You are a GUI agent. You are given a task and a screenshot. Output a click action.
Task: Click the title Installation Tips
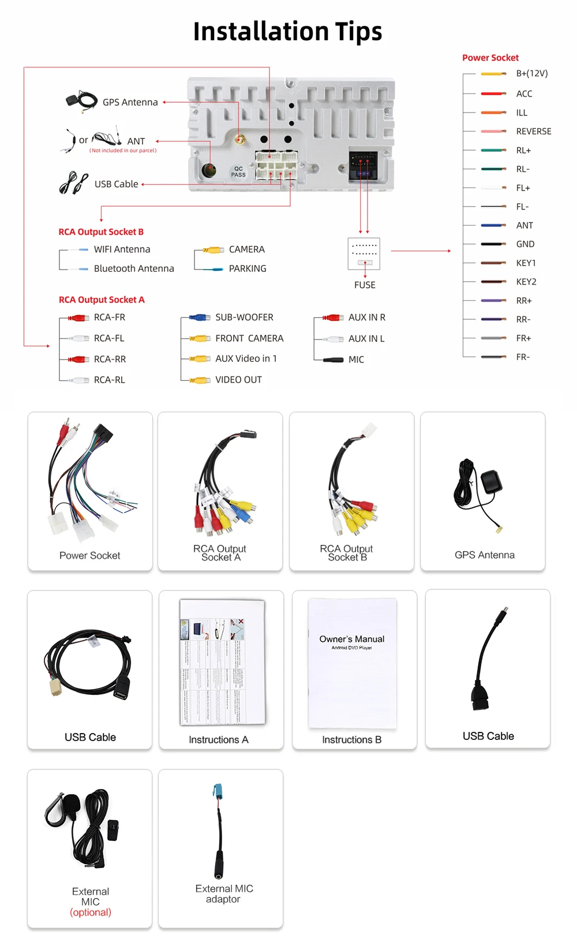point(287,32)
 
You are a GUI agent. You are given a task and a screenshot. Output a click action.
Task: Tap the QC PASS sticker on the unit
point(238,171)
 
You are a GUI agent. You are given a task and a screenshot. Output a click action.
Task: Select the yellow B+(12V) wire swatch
point(493,74)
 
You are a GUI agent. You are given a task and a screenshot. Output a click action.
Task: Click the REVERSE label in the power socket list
point(533,132)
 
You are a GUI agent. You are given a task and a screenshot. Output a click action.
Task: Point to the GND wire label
point(525,244)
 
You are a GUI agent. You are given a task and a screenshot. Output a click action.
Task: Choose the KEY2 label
point(526,282)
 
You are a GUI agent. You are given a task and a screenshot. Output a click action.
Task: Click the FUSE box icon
point(364,254)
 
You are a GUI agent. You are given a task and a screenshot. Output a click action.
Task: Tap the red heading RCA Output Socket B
point(101,232)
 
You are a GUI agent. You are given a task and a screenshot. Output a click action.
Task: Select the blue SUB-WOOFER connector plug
point(200,317)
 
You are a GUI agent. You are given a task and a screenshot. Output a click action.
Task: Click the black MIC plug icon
point(334,360)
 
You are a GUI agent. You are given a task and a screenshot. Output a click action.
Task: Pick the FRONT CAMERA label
point(249,338)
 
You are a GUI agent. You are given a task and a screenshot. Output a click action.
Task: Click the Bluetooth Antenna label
point(134,268)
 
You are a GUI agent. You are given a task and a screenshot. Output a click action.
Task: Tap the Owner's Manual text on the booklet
point(351,639)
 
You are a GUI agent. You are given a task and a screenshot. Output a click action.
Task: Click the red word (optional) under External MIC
point(91,913)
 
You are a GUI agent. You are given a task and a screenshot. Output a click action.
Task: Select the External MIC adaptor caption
point(224,893)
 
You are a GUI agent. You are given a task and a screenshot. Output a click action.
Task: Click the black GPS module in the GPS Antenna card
point(491,482)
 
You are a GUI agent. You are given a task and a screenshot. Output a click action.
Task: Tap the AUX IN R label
point(366,317)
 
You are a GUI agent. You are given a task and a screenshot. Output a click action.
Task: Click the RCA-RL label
point(109,380)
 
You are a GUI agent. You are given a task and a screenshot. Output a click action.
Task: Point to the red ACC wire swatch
point(493,94)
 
